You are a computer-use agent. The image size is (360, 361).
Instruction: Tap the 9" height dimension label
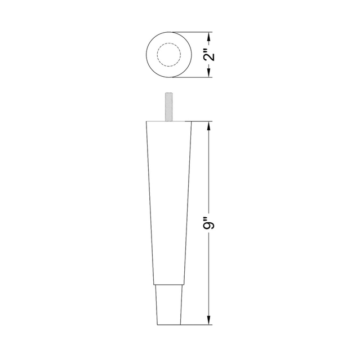tap(210, 224)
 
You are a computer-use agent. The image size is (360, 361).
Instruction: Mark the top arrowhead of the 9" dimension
tap(210, 125)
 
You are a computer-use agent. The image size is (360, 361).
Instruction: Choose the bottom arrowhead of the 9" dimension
tap(210, 324)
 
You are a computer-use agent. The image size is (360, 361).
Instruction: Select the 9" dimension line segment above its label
tap(210, 169)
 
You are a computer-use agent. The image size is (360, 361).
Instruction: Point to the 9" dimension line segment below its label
tap(210, 276)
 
